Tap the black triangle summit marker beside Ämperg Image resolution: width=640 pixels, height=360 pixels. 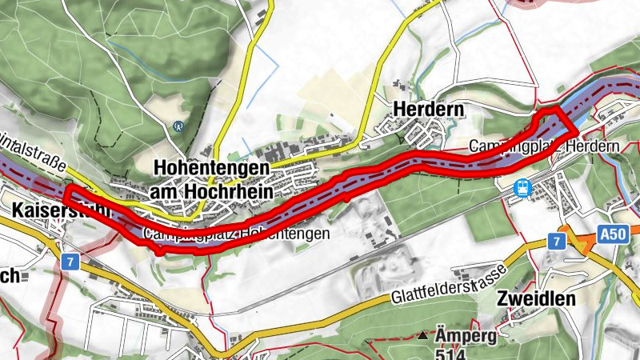pos(423,334)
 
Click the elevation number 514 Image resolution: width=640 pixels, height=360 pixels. pos(453,353)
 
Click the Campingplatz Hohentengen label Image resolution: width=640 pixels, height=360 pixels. pos(237,234)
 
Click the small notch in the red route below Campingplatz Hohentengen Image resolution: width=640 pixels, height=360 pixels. pos(160,250)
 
